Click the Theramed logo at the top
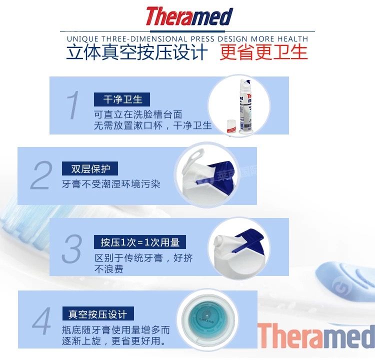189,16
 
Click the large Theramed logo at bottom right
316,336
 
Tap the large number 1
73,105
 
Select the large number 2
41,175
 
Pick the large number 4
41,321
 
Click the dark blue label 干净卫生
122,99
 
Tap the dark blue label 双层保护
90,168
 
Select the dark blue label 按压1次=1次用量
139,242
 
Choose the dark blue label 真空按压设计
98,314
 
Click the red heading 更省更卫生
264,52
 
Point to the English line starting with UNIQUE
187,38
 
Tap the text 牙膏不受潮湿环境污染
111,184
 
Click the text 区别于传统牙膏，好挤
143,258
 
